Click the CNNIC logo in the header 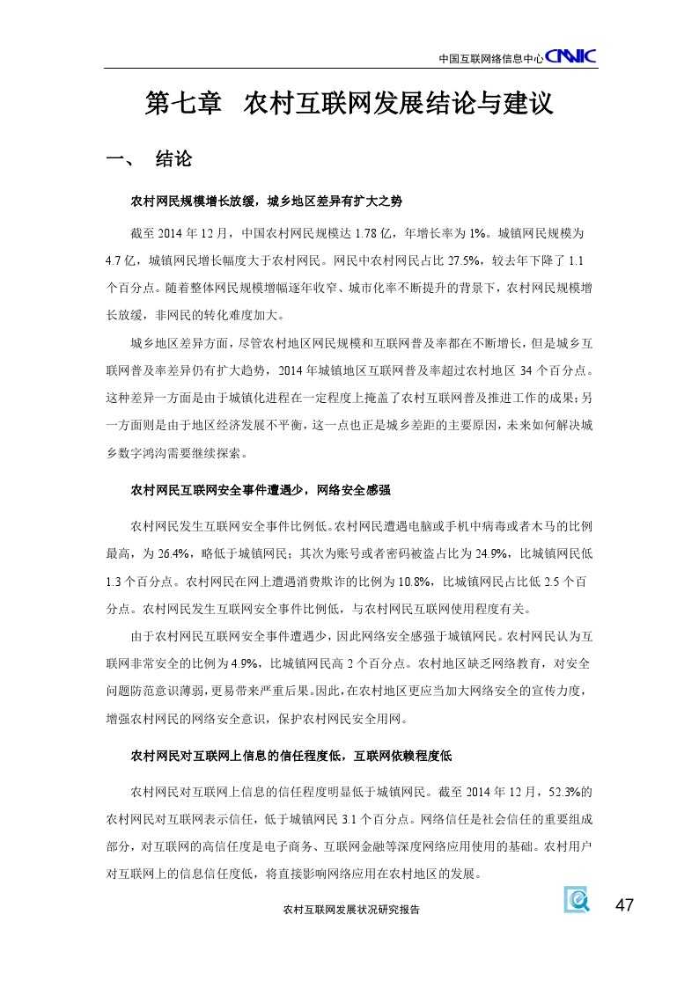tap(571, 57)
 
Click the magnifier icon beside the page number tap(578, 900)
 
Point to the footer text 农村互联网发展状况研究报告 tap(347, 911)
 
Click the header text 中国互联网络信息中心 tap(490, 59)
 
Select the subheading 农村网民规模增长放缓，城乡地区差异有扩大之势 tap(266, 201)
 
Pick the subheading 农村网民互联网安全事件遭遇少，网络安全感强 tap(260, 489)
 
